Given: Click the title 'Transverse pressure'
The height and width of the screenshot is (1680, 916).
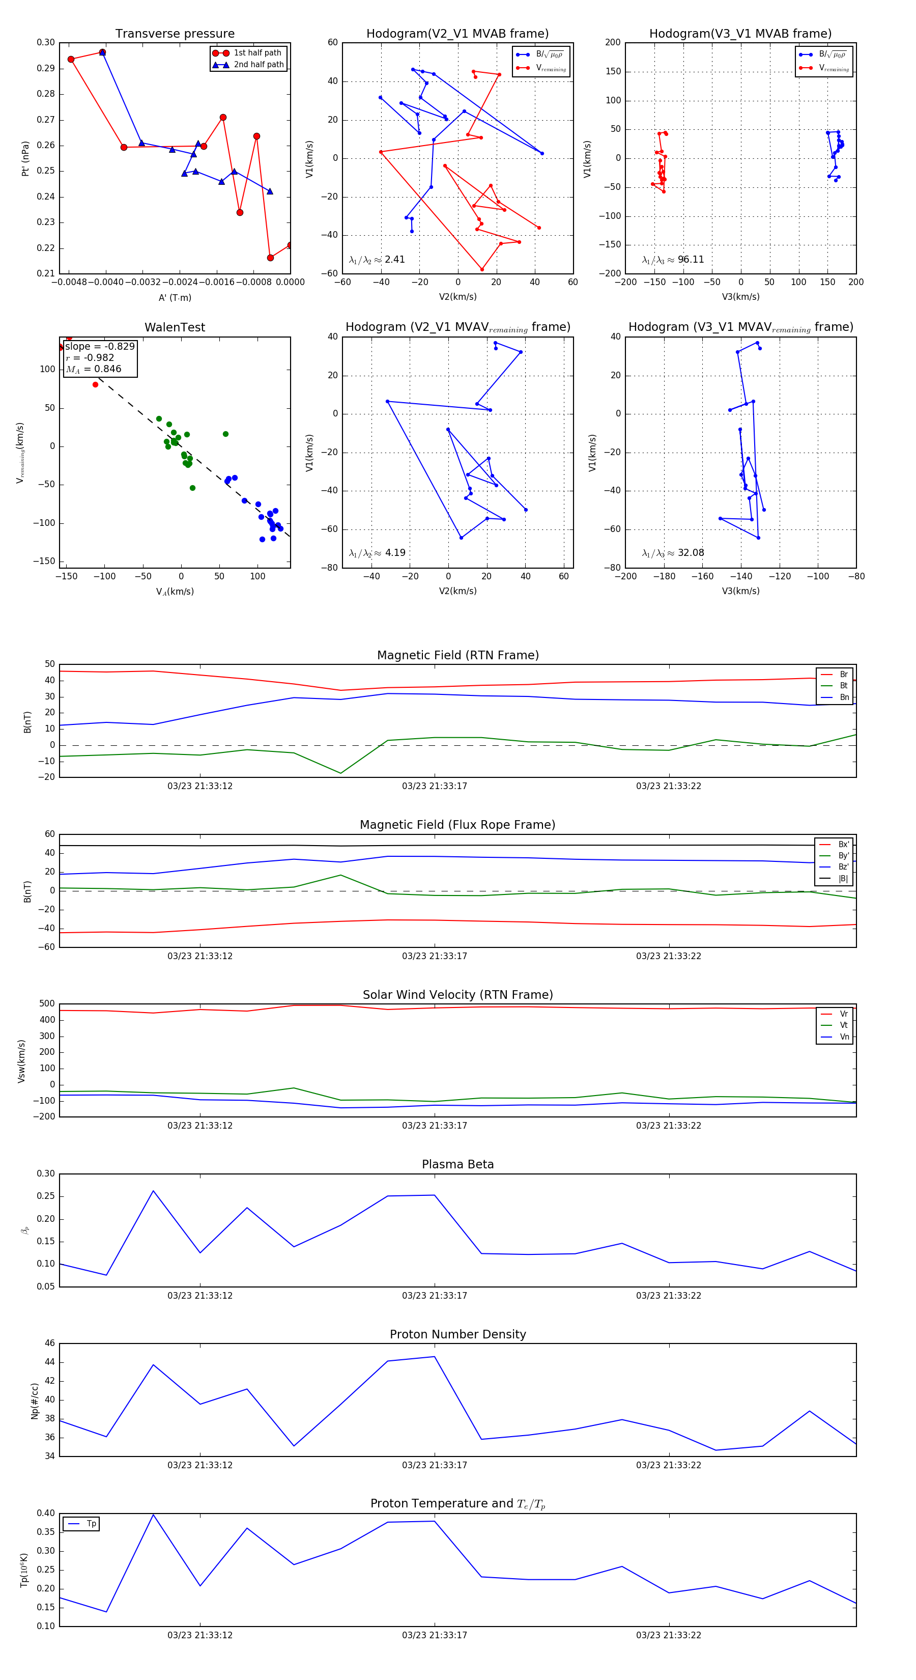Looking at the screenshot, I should tap(175, 34).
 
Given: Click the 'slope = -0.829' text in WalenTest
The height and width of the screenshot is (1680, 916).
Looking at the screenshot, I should tap(100, 346).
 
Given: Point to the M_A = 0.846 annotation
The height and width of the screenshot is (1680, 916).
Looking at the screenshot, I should tap(94, 369).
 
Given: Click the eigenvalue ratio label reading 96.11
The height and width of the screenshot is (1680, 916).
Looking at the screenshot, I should tap(673, 260).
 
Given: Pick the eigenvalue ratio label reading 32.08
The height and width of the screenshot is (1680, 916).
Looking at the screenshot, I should tap(673, 553).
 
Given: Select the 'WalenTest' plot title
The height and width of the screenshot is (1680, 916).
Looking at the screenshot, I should tap(175, 327).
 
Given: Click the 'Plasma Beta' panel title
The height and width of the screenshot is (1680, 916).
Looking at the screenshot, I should tap(457, 1165).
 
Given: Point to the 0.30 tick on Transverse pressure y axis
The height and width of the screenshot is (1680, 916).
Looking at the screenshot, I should tap(46, 42).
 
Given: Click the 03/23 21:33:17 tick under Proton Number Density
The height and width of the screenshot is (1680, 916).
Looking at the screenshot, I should tap(434, 1466).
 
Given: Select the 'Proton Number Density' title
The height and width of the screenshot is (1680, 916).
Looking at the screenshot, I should tap(457, 1334).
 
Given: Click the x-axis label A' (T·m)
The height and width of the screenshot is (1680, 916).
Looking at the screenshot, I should tap(175, 297).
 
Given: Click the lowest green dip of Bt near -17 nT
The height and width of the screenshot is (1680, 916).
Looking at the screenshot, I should tap(340, 773).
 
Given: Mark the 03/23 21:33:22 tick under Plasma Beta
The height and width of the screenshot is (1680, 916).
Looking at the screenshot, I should tap(669, 1295).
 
